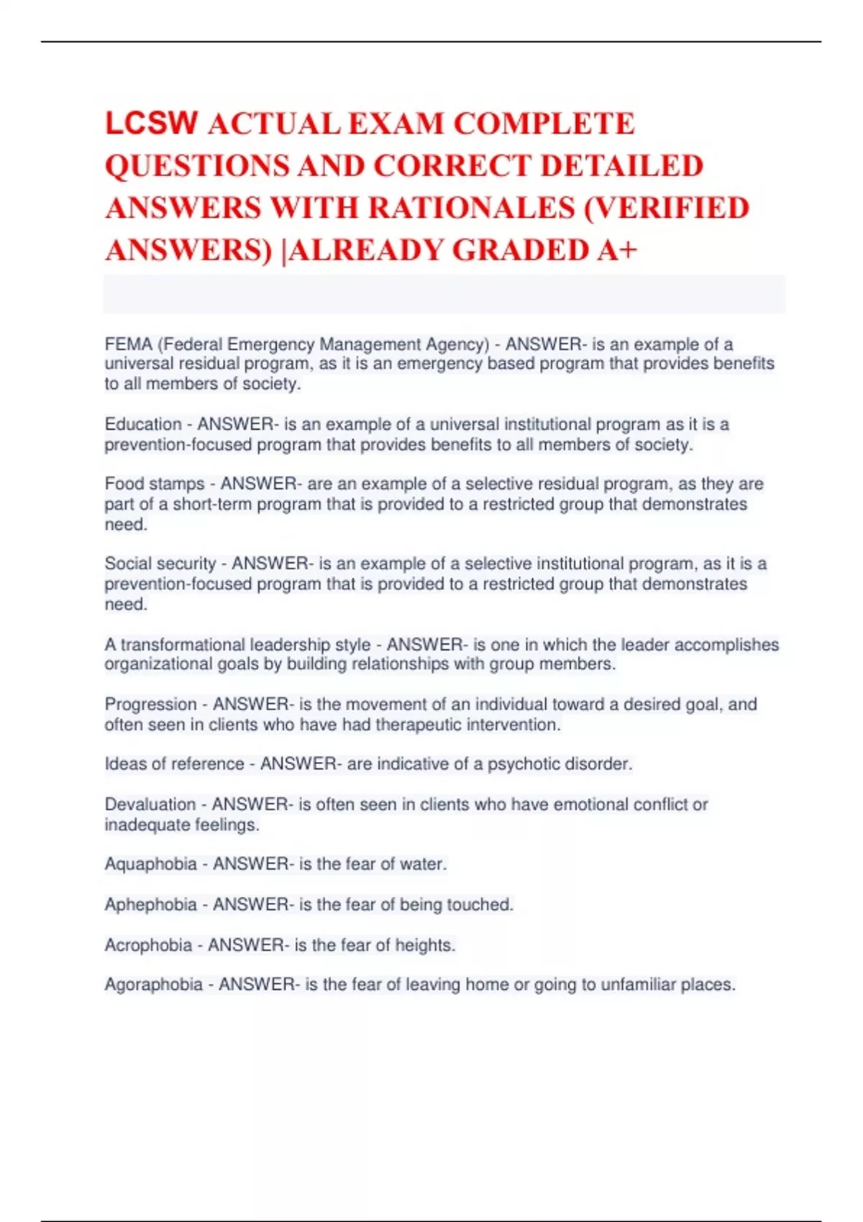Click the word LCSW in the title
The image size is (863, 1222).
coord(151,123)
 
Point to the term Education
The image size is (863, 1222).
coord(143,424)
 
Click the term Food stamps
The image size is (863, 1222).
coord(155,484)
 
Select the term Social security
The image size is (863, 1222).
coord(160,564)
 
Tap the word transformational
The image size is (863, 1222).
coord(183,644)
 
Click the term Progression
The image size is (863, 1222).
coord(150,704)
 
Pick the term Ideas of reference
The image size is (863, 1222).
coord(174,763)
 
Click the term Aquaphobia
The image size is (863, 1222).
coord(150,863)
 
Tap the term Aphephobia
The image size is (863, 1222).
coord(150,904)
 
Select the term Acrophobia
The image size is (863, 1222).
coord(148,945)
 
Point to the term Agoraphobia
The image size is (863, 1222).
coord(153,984)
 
